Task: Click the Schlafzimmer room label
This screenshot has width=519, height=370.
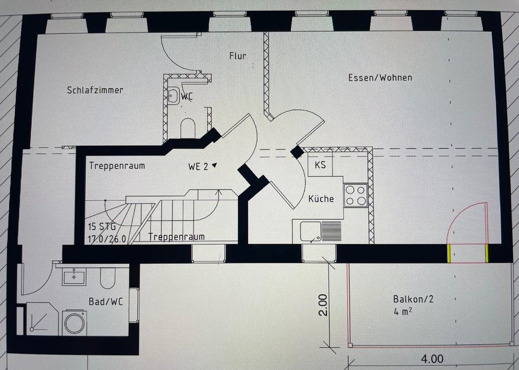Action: click(x=95, y=90)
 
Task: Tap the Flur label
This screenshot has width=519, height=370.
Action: click(x=237, y=55)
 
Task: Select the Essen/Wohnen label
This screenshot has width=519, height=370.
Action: click(x=380, y=78)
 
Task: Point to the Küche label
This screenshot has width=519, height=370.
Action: click(x=321, y=199)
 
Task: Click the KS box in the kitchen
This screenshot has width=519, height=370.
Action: click(x=320, y=165)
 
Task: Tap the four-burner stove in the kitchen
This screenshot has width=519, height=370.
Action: click(x=356, y=195)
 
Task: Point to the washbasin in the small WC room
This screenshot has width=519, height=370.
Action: click(x=172, y=96)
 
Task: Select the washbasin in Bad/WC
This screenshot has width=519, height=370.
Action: click(x=74, y=277)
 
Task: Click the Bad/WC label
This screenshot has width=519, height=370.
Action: click(x=106, y=301)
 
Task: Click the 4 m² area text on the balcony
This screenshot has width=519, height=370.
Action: click(x=404, y=311)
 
